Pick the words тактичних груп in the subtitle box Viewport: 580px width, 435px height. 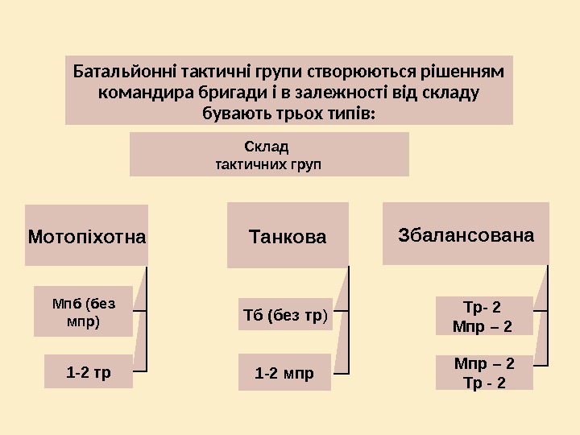[269, 164]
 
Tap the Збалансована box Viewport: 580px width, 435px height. [466, 235]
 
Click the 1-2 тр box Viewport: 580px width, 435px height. [89, 373]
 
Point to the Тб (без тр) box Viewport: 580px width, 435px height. [285, 315]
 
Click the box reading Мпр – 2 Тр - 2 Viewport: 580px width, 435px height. [484, 372]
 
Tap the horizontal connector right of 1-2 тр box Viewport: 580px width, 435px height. [140, 371]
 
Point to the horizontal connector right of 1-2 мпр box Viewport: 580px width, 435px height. [341, 372]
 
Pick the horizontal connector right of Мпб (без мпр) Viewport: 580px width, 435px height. [140, 309]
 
